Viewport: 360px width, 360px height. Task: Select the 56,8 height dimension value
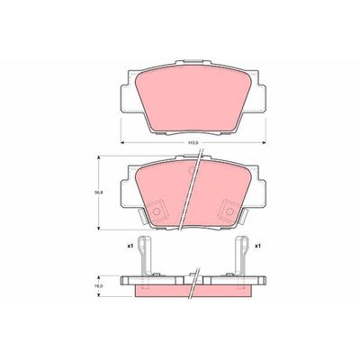101,190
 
